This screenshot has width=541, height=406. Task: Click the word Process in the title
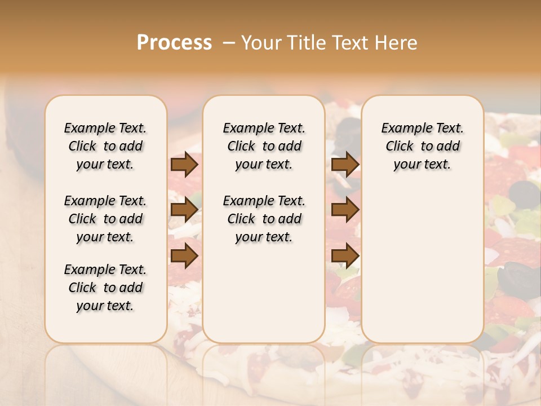(x=174, y=43)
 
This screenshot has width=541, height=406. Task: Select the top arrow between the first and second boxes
(x=184, y=165)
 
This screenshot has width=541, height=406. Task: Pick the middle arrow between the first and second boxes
(x=184, y=210)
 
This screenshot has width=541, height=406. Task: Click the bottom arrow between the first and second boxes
(x=184, y=255)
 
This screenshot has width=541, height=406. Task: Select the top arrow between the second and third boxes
(x=345, y=165)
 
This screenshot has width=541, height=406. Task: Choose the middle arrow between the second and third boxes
(x=345, y=210)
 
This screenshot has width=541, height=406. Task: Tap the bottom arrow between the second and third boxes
(x=345, y=255)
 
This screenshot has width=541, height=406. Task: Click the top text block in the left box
(x=105, y=146)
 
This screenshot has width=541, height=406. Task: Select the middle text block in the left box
(x=105, y=219)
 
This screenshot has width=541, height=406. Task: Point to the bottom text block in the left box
(x=105, y=288)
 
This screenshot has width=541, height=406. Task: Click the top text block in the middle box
(x=264, y=146)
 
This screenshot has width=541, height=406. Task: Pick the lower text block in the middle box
(x=264, y=219)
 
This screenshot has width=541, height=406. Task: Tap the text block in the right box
(x=422, y=146)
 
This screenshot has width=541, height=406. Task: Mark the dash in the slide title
(x=229, y=43)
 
